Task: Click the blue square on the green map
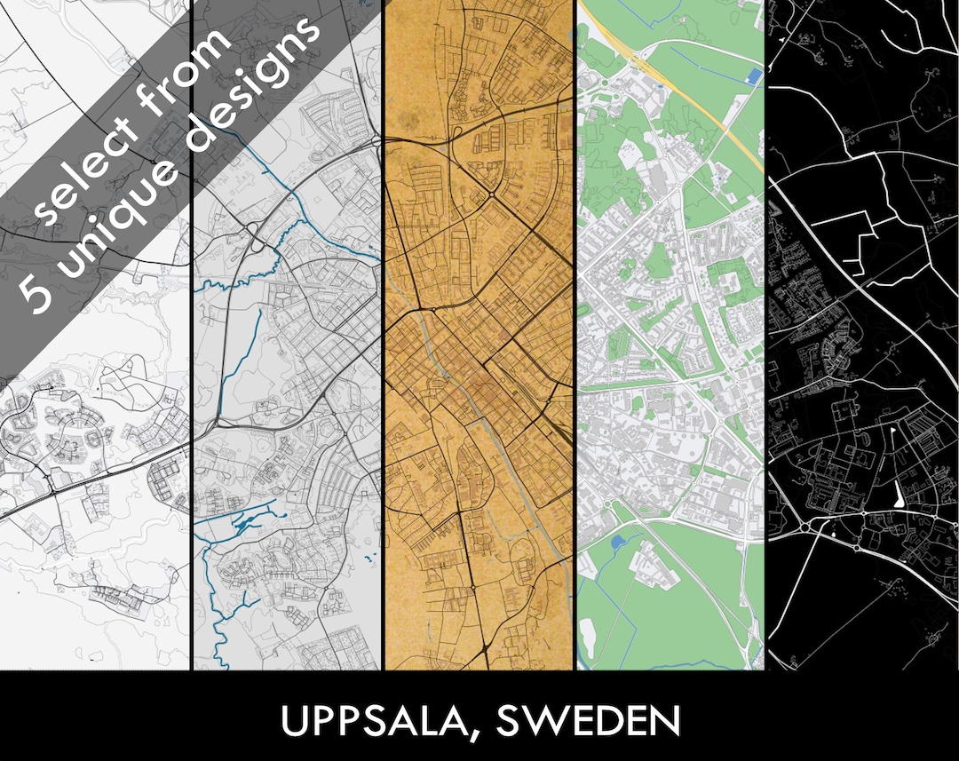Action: click(x=754, y=76)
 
